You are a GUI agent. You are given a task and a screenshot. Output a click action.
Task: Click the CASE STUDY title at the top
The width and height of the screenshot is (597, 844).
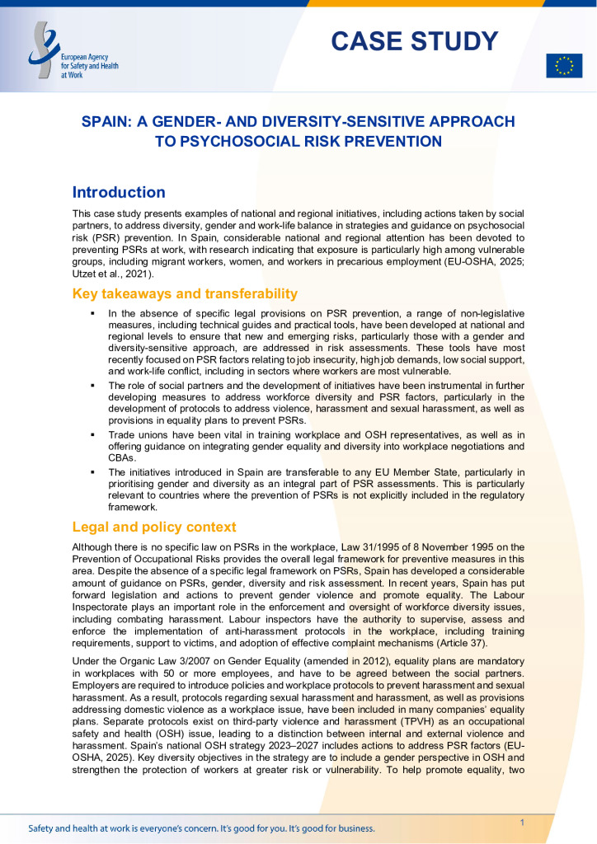point(415,40)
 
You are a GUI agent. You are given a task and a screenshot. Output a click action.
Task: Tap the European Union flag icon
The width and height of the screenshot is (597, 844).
point(564,65)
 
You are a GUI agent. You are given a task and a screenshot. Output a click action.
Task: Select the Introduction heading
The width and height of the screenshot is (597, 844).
point(119,192)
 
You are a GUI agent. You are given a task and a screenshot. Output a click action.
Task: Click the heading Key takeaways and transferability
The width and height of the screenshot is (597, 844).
point(185,294)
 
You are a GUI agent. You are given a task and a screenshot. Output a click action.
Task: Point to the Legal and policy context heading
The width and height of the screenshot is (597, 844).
point(154,527)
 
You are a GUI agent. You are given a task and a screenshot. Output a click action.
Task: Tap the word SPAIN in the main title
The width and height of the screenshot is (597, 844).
point(105,122)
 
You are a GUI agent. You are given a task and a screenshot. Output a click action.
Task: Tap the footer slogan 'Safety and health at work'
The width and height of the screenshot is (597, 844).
point(201,828)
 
